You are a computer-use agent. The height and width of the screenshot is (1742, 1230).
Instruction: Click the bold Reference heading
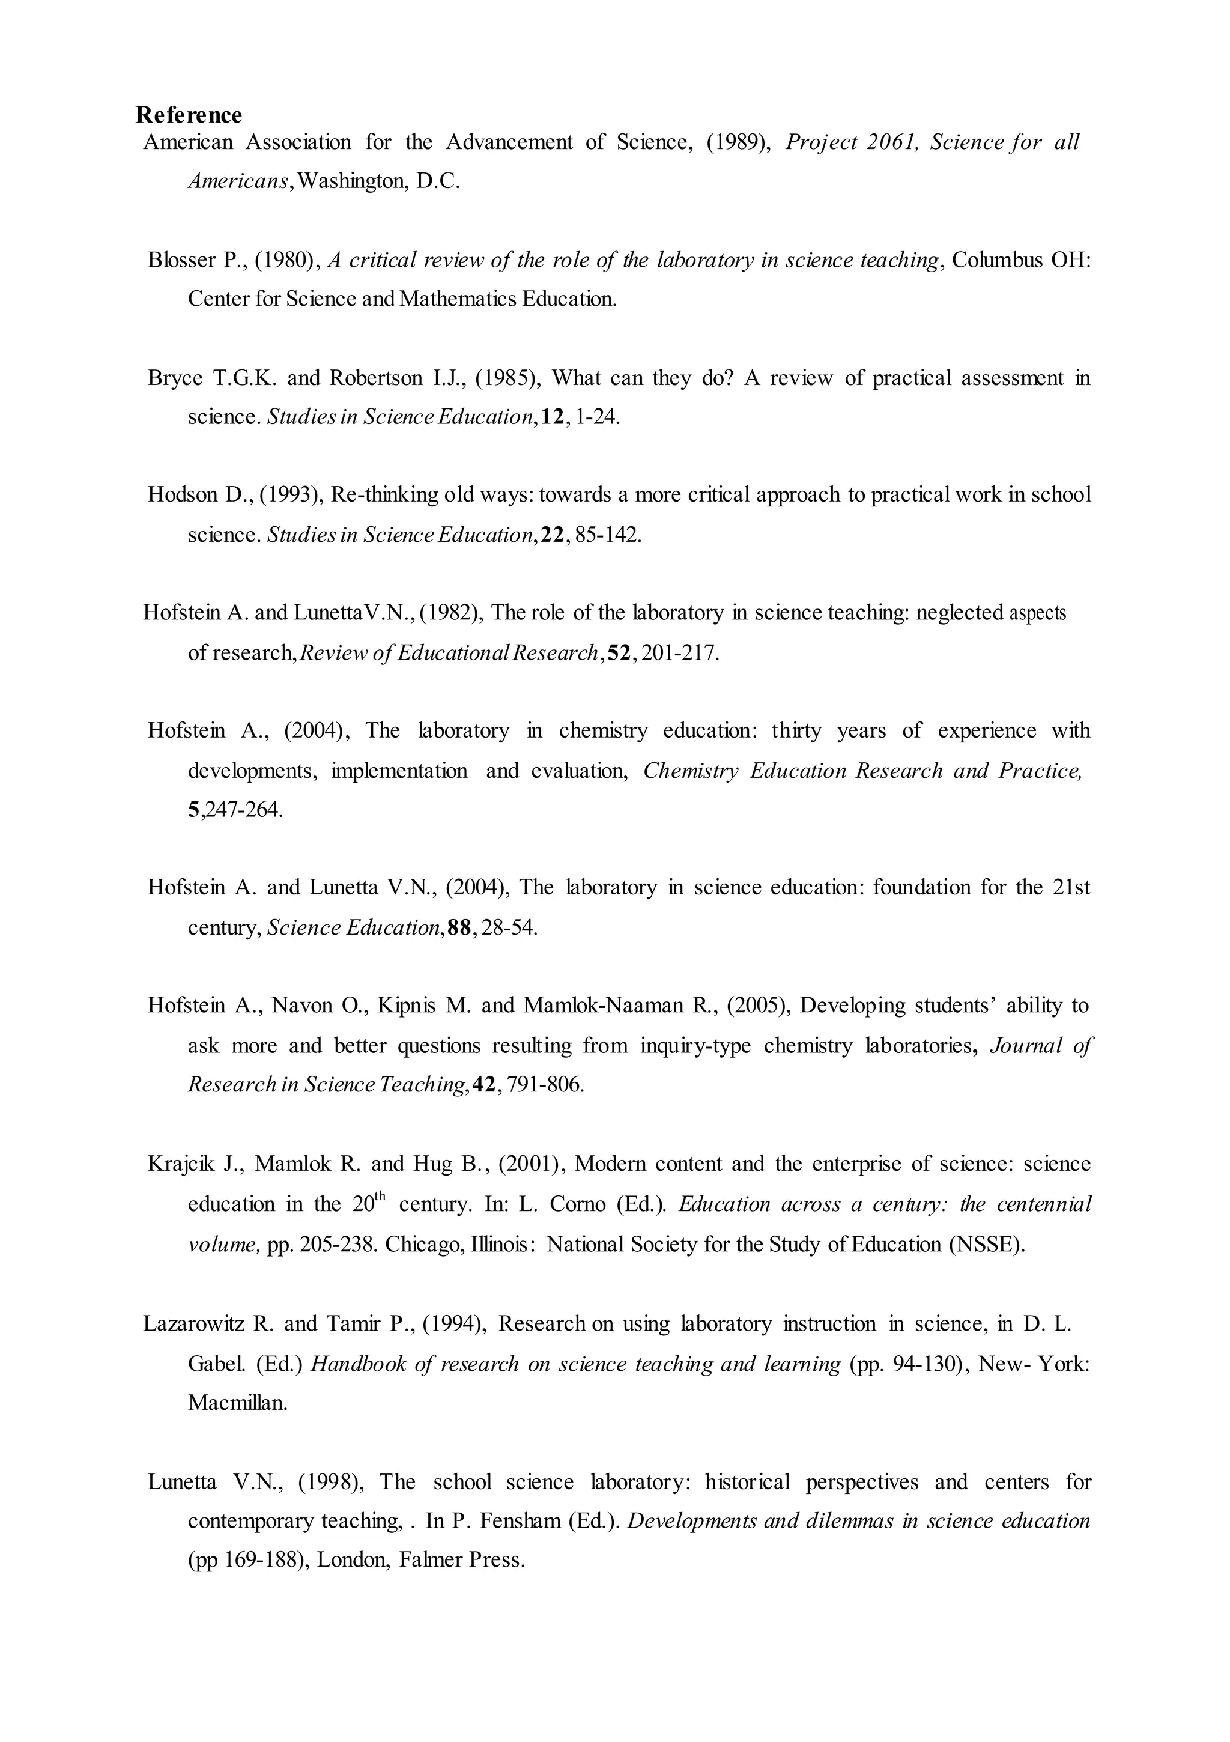[189, 115]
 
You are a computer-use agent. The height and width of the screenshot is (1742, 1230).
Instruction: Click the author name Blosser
[181, 260]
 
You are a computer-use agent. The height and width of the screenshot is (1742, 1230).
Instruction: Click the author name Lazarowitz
[193, 1324]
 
